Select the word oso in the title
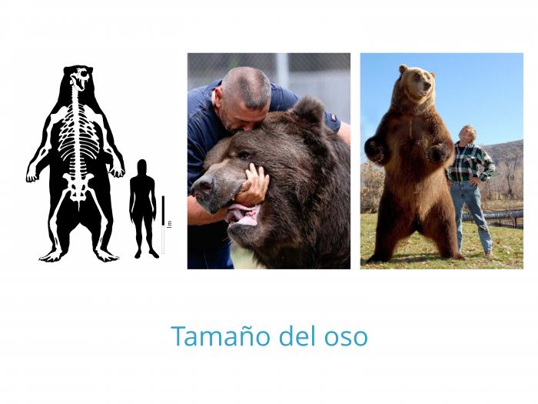[x=344, y=337]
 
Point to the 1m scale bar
[x=163, y=223]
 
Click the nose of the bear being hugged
[x=201, y=185]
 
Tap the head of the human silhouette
[x=142, y=165]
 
